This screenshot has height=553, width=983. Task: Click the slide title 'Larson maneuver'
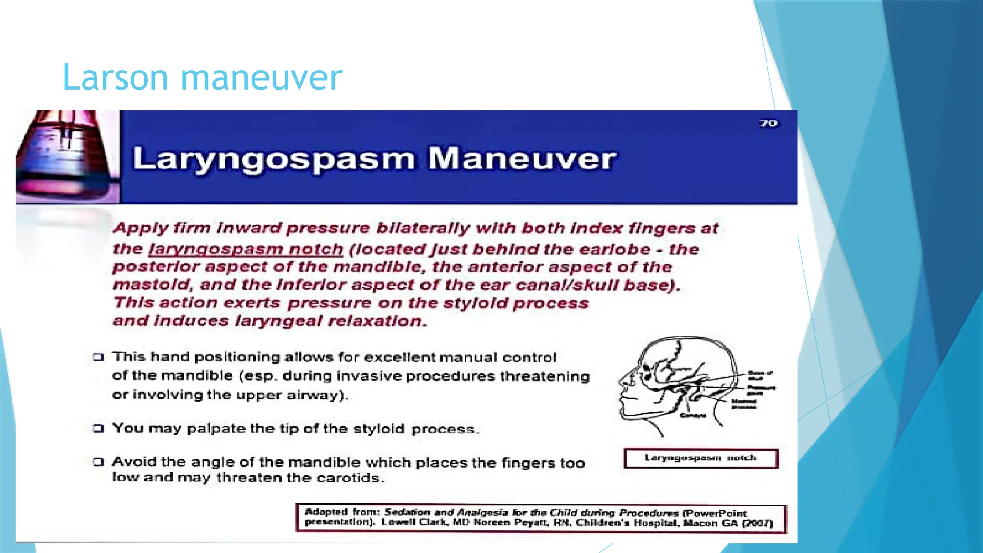pyautogui.click(x=202, y=77)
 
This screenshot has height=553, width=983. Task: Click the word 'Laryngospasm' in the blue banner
pyautogui.click(x=274, y=159)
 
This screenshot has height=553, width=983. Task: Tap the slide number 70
pyautogui.click(x=768, y=123)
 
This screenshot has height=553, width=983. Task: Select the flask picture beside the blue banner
pyautogui.click(x=67, y=157)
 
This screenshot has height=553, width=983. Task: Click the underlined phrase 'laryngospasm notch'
pyautogui.click(x=246, y=249)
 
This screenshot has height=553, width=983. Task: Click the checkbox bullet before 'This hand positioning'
pyautogui.click(x=98, y=357)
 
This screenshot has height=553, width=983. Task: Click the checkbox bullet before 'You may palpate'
pyautogui.click(x=98, y=428)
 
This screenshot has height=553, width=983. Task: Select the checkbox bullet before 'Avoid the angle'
pyautogui.click(x=98, y=462)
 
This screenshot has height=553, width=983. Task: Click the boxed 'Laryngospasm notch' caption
pyautogui.click(x=700, y=458)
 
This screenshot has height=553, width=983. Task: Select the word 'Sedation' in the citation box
pyautogui.click(x=408, y=512)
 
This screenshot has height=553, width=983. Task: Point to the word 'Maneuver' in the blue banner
pyautogui.click(x=522, y=159)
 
